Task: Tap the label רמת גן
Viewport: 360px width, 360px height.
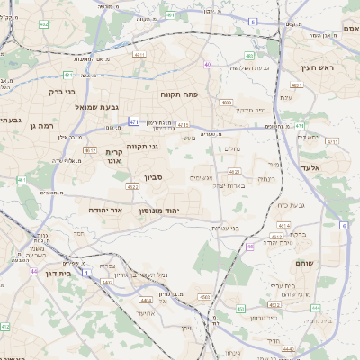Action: [x=42, y=125]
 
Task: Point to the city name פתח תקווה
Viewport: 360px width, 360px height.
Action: [x=178, y=94]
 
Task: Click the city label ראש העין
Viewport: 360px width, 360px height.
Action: [x=318, y=68]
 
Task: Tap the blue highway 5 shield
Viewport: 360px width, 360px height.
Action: [x=253, y=21]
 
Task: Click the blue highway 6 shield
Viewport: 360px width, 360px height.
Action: [x=344, y=225]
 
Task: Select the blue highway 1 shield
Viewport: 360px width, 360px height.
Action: [x=86, y=270]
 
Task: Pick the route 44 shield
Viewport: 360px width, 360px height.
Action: [x=33, y=271]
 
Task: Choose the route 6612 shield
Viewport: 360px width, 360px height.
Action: [x=89, y=150]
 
